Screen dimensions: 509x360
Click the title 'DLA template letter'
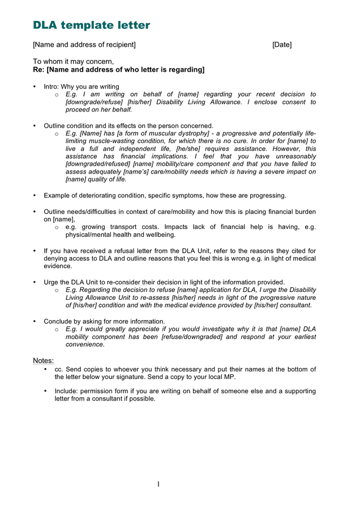pyautogui.click(x=91, y=25)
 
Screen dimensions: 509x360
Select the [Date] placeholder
pyautogui.click(x=281, y=45)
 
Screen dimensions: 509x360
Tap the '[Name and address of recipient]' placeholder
pyautogui.click(x=84, y=45)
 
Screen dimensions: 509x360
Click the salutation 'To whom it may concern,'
pyautogui.click(x=73, y=62)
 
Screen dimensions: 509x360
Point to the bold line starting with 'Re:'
pyautogui.click(x=118, y=70)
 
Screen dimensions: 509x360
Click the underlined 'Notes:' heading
pyautogui.click(x=43, y=360)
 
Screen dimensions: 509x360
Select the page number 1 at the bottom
pyautogui.click(x=158, y=484)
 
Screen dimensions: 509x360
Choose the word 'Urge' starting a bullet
pyautogui.click(x=52, y=282)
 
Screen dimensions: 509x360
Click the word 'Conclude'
pyautogui.click(x=59, y=321)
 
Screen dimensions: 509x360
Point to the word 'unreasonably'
pyautogui.click(x=295, y=156)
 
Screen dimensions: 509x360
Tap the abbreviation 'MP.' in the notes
pyautogui.click(x=229, y=377)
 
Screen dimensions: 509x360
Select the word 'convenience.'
pyautogui.click(x=85, y=344)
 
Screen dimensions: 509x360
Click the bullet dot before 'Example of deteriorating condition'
pyautogui.click(x=35, y=196)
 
